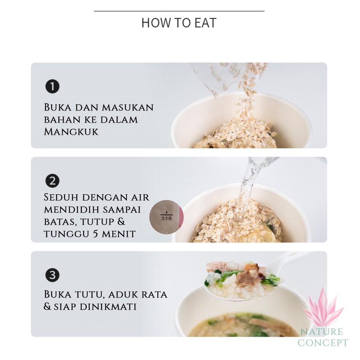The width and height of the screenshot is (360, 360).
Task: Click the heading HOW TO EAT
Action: [179, 23]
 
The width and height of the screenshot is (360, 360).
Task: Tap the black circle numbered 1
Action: [52, 86]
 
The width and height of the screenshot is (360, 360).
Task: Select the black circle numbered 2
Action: [52, 181]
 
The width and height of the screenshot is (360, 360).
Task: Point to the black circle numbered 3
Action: [52, 275]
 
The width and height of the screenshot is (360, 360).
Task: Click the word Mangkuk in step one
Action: [71, 132]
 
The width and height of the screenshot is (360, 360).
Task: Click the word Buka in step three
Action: [56, 294]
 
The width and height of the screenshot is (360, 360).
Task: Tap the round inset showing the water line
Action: [166, 217]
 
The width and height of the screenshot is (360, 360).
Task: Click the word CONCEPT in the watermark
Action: [323, 342]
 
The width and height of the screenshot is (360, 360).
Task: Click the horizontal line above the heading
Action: [179, 11]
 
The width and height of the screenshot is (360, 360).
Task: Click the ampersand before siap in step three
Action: [47, 306]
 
